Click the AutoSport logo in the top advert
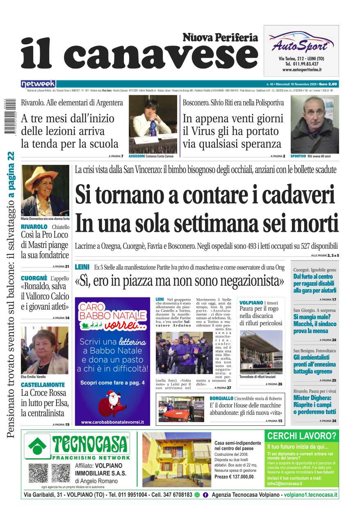[301, 42]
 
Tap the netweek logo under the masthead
[38, 84]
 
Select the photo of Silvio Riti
[314, 124]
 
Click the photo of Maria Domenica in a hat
[45, 190]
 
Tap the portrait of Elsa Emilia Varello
[45, 350]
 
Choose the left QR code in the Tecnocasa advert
[38, 473]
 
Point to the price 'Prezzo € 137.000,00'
[234, 477]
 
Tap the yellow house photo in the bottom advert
[177, 459]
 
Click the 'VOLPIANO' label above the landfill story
[251, 303]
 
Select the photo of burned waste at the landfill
[261, 352]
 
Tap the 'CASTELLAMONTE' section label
[43, 385]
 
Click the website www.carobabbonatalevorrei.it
[112, 422]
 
